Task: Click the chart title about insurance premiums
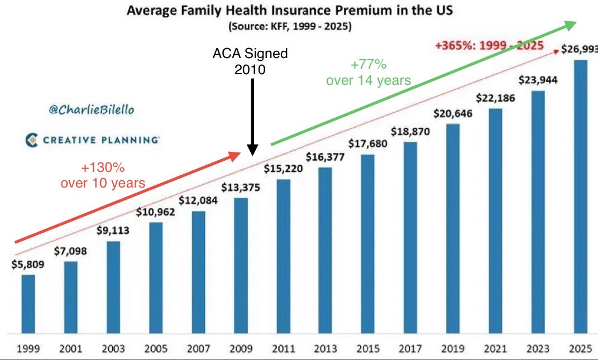290,11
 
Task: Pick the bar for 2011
283,257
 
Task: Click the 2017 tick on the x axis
410,349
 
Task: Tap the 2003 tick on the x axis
113,349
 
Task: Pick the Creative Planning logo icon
32,140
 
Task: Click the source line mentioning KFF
290,26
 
